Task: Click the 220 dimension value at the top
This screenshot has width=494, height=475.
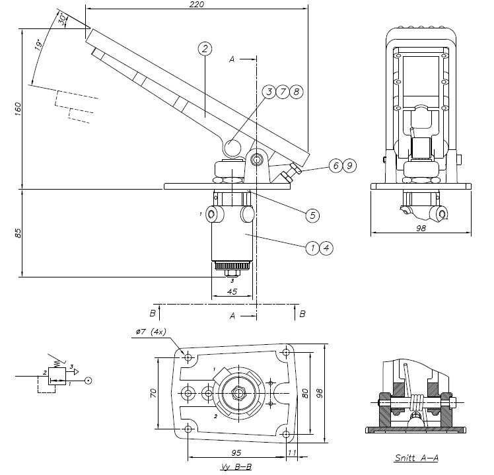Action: point(196,5)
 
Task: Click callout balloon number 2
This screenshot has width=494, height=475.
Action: point(205,48)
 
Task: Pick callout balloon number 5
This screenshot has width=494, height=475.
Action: point(312,215)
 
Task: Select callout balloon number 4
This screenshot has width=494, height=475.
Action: point(325,248)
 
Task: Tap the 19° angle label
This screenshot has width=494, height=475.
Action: point(39,45)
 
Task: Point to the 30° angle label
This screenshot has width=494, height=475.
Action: point(63,20)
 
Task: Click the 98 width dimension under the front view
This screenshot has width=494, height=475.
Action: point(422,227)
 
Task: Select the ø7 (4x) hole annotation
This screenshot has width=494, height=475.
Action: point(151,332)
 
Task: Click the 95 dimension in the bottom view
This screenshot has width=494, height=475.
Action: point(236,453)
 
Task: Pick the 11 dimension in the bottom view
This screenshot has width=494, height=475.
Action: point(292,453)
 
